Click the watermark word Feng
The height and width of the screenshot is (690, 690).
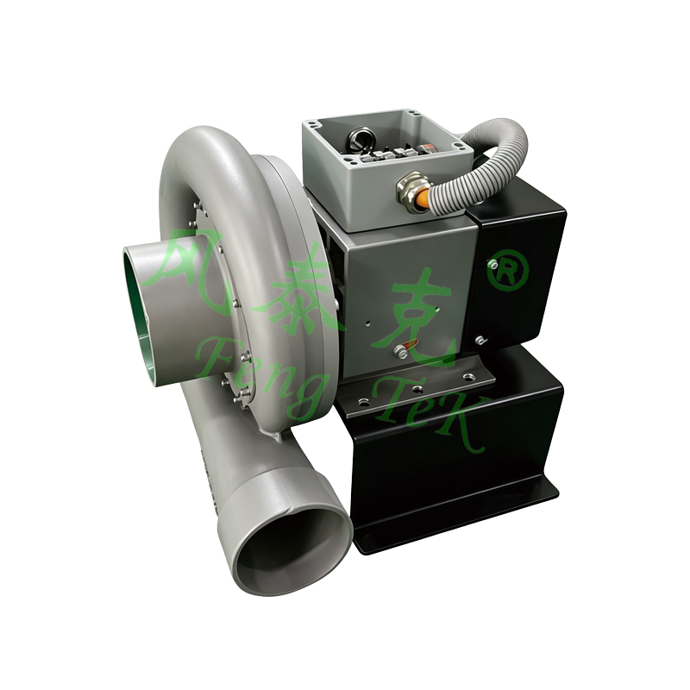[x=259, y=375]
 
